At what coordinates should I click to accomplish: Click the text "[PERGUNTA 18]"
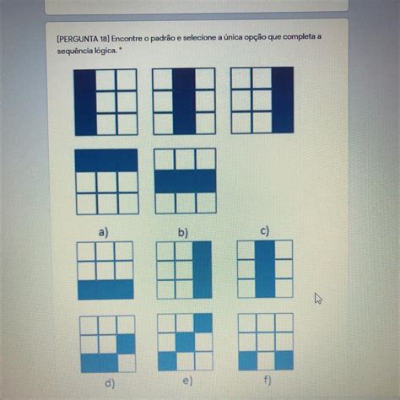(83, 39)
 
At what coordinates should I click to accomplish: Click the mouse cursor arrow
(318, 298)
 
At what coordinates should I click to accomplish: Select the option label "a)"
(103, 233)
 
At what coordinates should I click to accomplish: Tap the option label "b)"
(183, 233)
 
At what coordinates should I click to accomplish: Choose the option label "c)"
(265, 231)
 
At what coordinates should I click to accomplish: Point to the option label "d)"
(110, 383)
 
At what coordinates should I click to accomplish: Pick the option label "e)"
(187, 381)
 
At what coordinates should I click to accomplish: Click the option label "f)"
(268, 381)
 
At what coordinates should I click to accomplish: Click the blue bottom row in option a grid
(105, 289)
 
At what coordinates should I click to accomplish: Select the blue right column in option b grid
(203, 269)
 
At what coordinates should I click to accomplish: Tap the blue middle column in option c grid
(265, 269)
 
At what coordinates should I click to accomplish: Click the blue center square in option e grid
(185, 342)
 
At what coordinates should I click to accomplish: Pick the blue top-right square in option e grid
(203, 323)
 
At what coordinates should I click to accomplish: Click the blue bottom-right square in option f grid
(284, 360)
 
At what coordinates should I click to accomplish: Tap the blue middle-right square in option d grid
(126, 344)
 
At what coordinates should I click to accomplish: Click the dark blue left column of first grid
(85, 102)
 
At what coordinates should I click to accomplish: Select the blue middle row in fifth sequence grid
(186, 181)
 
